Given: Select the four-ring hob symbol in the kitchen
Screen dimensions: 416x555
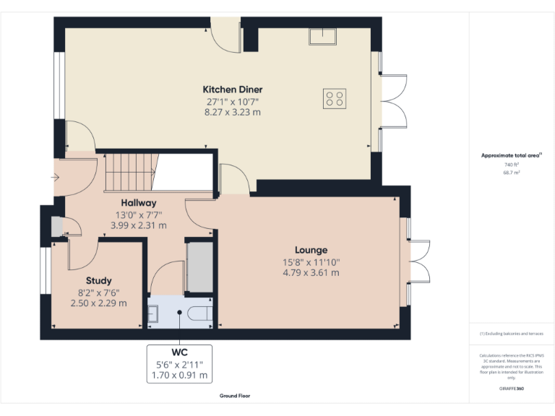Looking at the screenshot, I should point(335,98).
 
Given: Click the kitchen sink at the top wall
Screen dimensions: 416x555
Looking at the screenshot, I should point(320,35).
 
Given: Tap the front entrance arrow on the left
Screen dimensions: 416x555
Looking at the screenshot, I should point(56,176).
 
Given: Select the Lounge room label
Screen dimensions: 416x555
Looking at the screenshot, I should point(311,250).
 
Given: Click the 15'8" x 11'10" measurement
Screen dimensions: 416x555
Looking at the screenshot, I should point(311,262).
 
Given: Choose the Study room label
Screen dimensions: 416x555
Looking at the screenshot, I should point(99,280).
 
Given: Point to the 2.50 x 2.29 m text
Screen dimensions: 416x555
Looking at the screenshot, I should point(99,303).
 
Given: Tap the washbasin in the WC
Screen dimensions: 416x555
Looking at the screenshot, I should point(154,313).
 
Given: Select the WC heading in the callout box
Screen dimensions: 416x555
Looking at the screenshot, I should point(179,352).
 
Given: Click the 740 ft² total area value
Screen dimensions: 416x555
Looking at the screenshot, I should point(512,165).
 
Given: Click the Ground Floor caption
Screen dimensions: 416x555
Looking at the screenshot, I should point(235,396).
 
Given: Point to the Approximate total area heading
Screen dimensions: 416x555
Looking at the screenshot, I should point(510,155).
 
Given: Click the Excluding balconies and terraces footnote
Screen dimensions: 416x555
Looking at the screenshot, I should point(512,334).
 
